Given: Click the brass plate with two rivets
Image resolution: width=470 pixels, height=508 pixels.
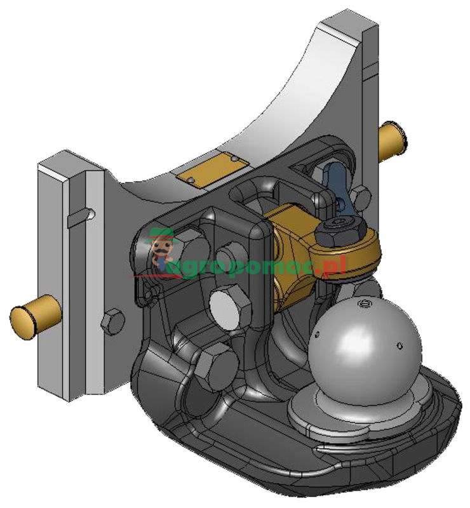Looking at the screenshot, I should (x=211, y=170).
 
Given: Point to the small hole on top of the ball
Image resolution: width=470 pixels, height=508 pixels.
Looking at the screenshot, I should (x=364, y=305).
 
